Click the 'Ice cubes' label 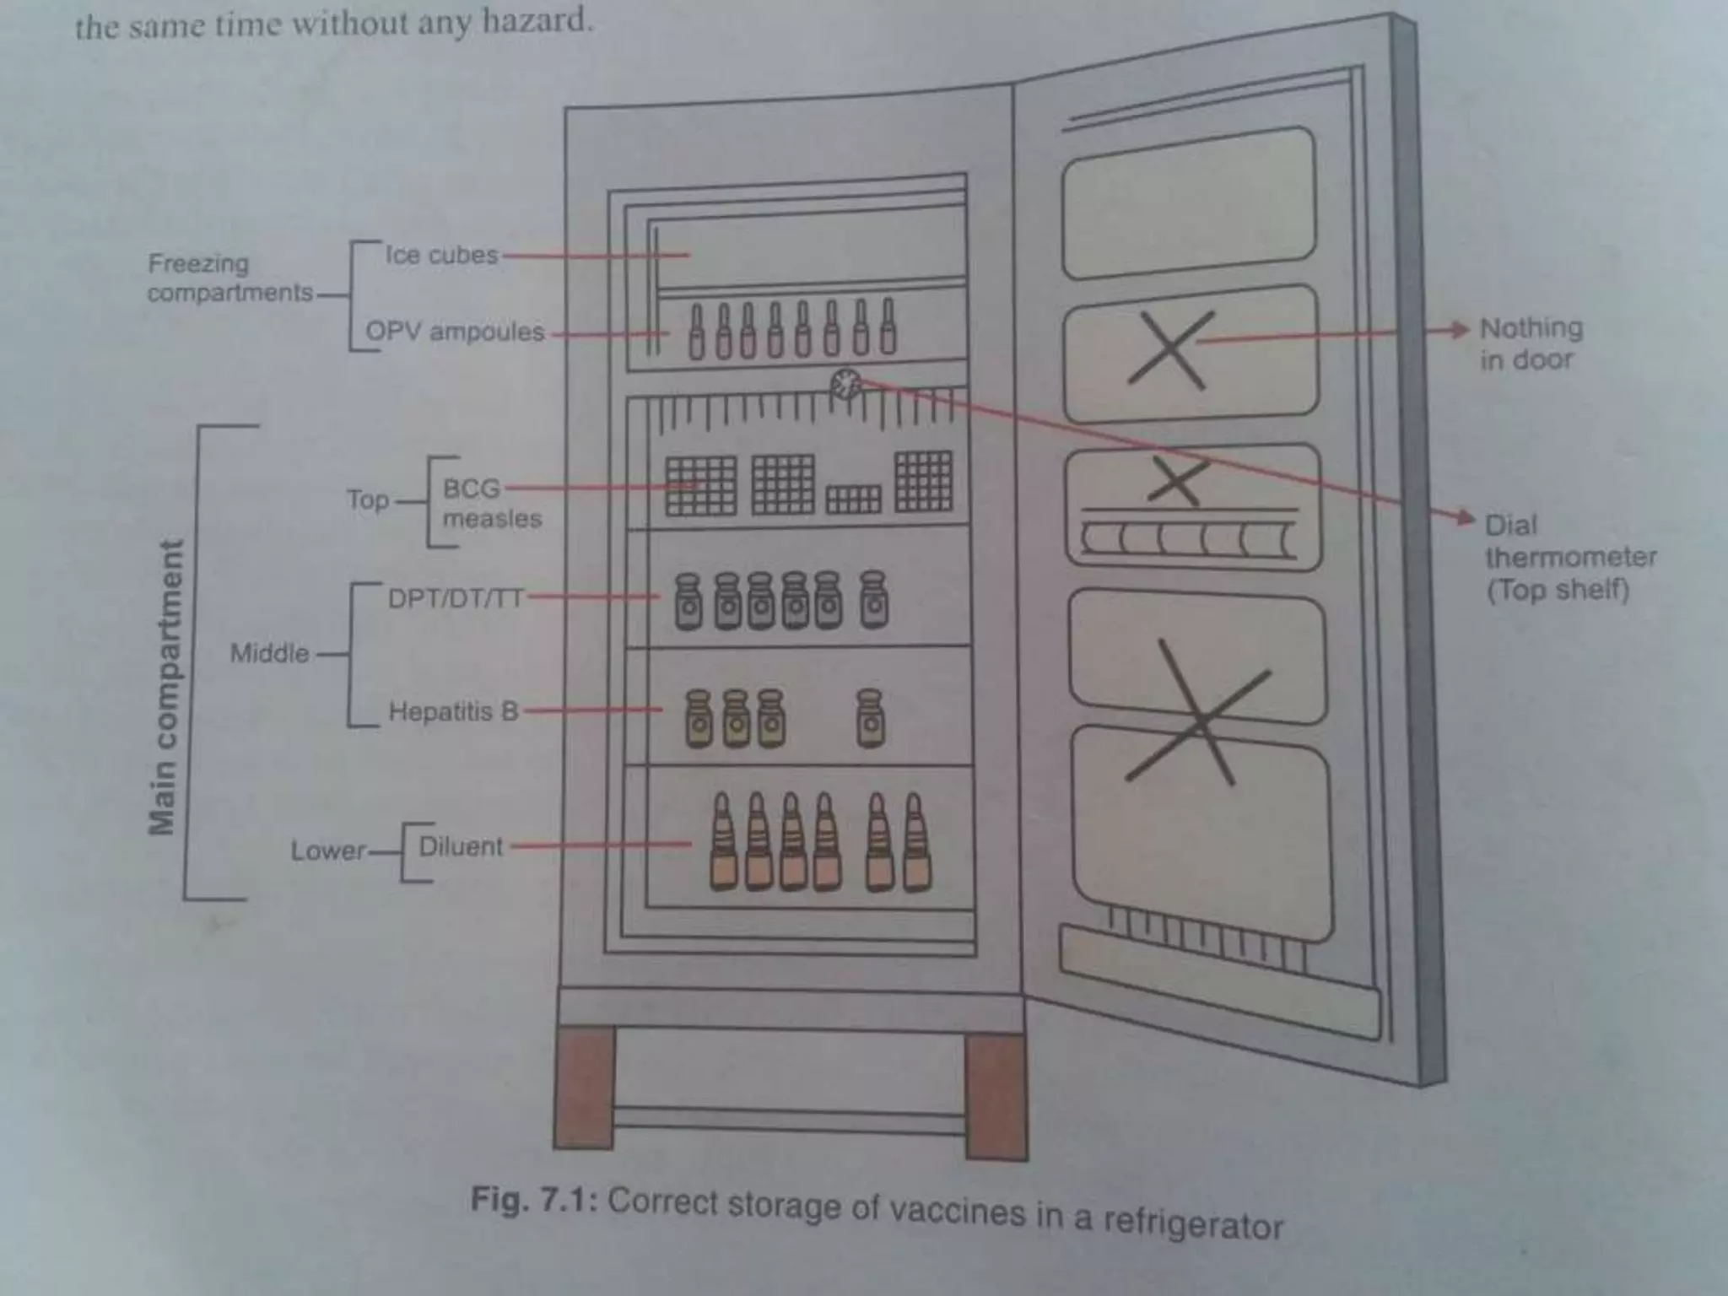tap(441, 255)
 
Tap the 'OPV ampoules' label tap(455, 332)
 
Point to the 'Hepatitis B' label tap(453, 711)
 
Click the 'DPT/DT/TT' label tap(456, 598)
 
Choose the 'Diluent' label tap(461, 846)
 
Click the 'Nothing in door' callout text tap(1530, 343)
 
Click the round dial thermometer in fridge tap(845, 385)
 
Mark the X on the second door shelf tap(1171, 348)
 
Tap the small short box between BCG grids tap(853, 499)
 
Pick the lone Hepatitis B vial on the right tap(870, 718)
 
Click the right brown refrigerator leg tap(996, 1097)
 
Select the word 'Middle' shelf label tap(270, 653)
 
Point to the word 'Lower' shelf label tap(328, 850)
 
